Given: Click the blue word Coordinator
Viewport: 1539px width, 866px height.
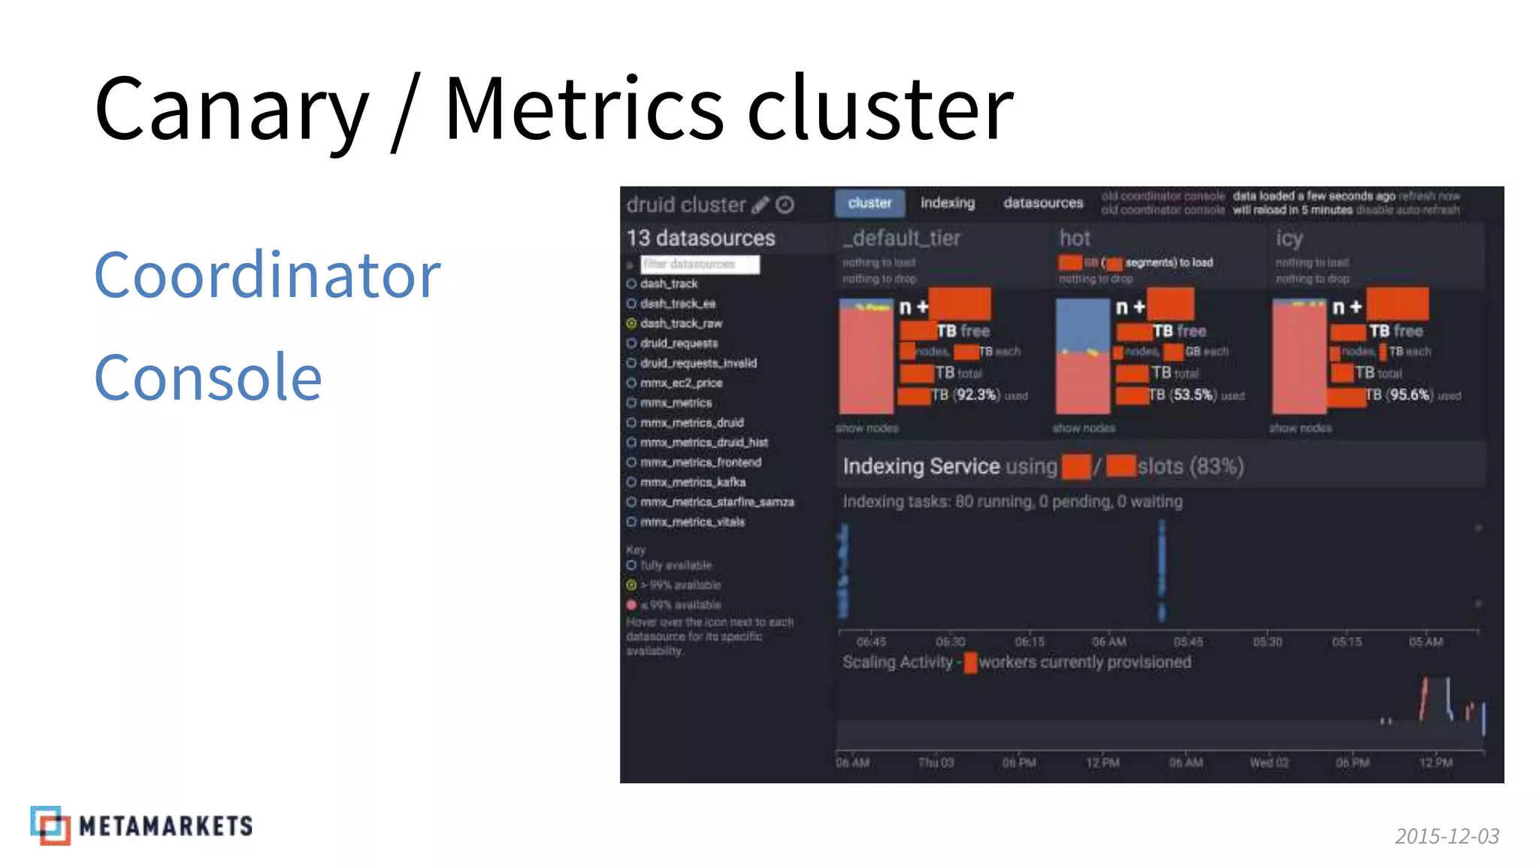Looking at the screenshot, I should [267, 275].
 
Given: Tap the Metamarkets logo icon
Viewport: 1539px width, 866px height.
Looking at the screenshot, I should [50, 825].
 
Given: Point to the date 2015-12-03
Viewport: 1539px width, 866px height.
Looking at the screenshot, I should [1447, 836].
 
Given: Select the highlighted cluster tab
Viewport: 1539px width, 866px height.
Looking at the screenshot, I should [869, 203].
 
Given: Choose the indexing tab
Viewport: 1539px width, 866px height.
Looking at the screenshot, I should [948, 203].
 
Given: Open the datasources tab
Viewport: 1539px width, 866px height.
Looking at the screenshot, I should [1043, 203].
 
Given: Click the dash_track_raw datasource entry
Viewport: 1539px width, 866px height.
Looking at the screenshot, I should [681, 323].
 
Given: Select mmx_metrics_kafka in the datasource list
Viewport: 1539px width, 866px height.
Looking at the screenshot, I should [692, 482].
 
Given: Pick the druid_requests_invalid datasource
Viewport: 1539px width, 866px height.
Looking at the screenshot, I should [698, 363].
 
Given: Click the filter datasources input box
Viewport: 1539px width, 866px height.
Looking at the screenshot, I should [700, 264].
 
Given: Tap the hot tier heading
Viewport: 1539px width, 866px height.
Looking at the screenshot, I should [1075, 238].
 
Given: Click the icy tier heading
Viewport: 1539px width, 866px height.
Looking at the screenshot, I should [1289, 238].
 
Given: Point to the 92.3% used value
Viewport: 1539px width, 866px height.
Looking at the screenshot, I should [976, 395].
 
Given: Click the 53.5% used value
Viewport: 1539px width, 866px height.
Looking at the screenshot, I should [1193, 395].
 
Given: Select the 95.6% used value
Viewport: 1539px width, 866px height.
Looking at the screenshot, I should [1409, 395].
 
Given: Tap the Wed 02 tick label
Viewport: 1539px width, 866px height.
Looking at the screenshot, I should [1269, 762].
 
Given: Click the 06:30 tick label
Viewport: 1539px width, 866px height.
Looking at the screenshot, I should [951, 642].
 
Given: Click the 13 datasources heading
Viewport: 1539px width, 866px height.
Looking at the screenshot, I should [700, 238].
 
